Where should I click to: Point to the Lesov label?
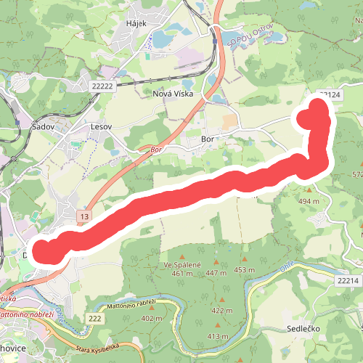[101, 126]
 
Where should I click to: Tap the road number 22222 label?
[103, 86]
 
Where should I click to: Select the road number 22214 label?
[347, 280]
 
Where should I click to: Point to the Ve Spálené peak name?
[181, 264]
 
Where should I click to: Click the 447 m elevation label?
[216, 273]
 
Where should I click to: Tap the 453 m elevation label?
[245, 270]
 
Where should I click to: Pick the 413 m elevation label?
[218, 336]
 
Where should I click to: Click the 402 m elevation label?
[152, 318]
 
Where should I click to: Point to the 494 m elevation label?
[309, 201]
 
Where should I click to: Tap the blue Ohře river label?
[288, 266]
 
